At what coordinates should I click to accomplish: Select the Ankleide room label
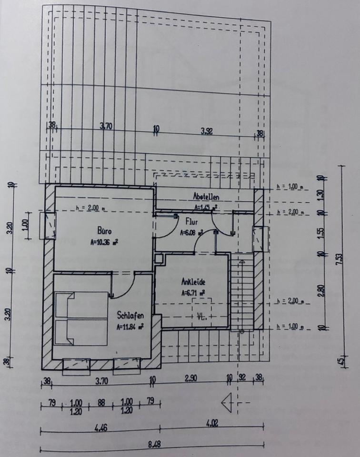[193, 281]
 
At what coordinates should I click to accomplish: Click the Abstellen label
[206, 196]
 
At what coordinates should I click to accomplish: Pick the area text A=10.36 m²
[104, 241]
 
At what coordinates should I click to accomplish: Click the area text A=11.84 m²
[130, 327]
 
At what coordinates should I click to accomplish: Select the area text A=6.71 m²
[193, 293]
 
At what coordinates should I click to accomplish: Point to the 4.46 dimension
[100, 427]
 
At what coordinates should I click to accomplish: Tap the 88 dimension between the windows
[101, 402]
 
